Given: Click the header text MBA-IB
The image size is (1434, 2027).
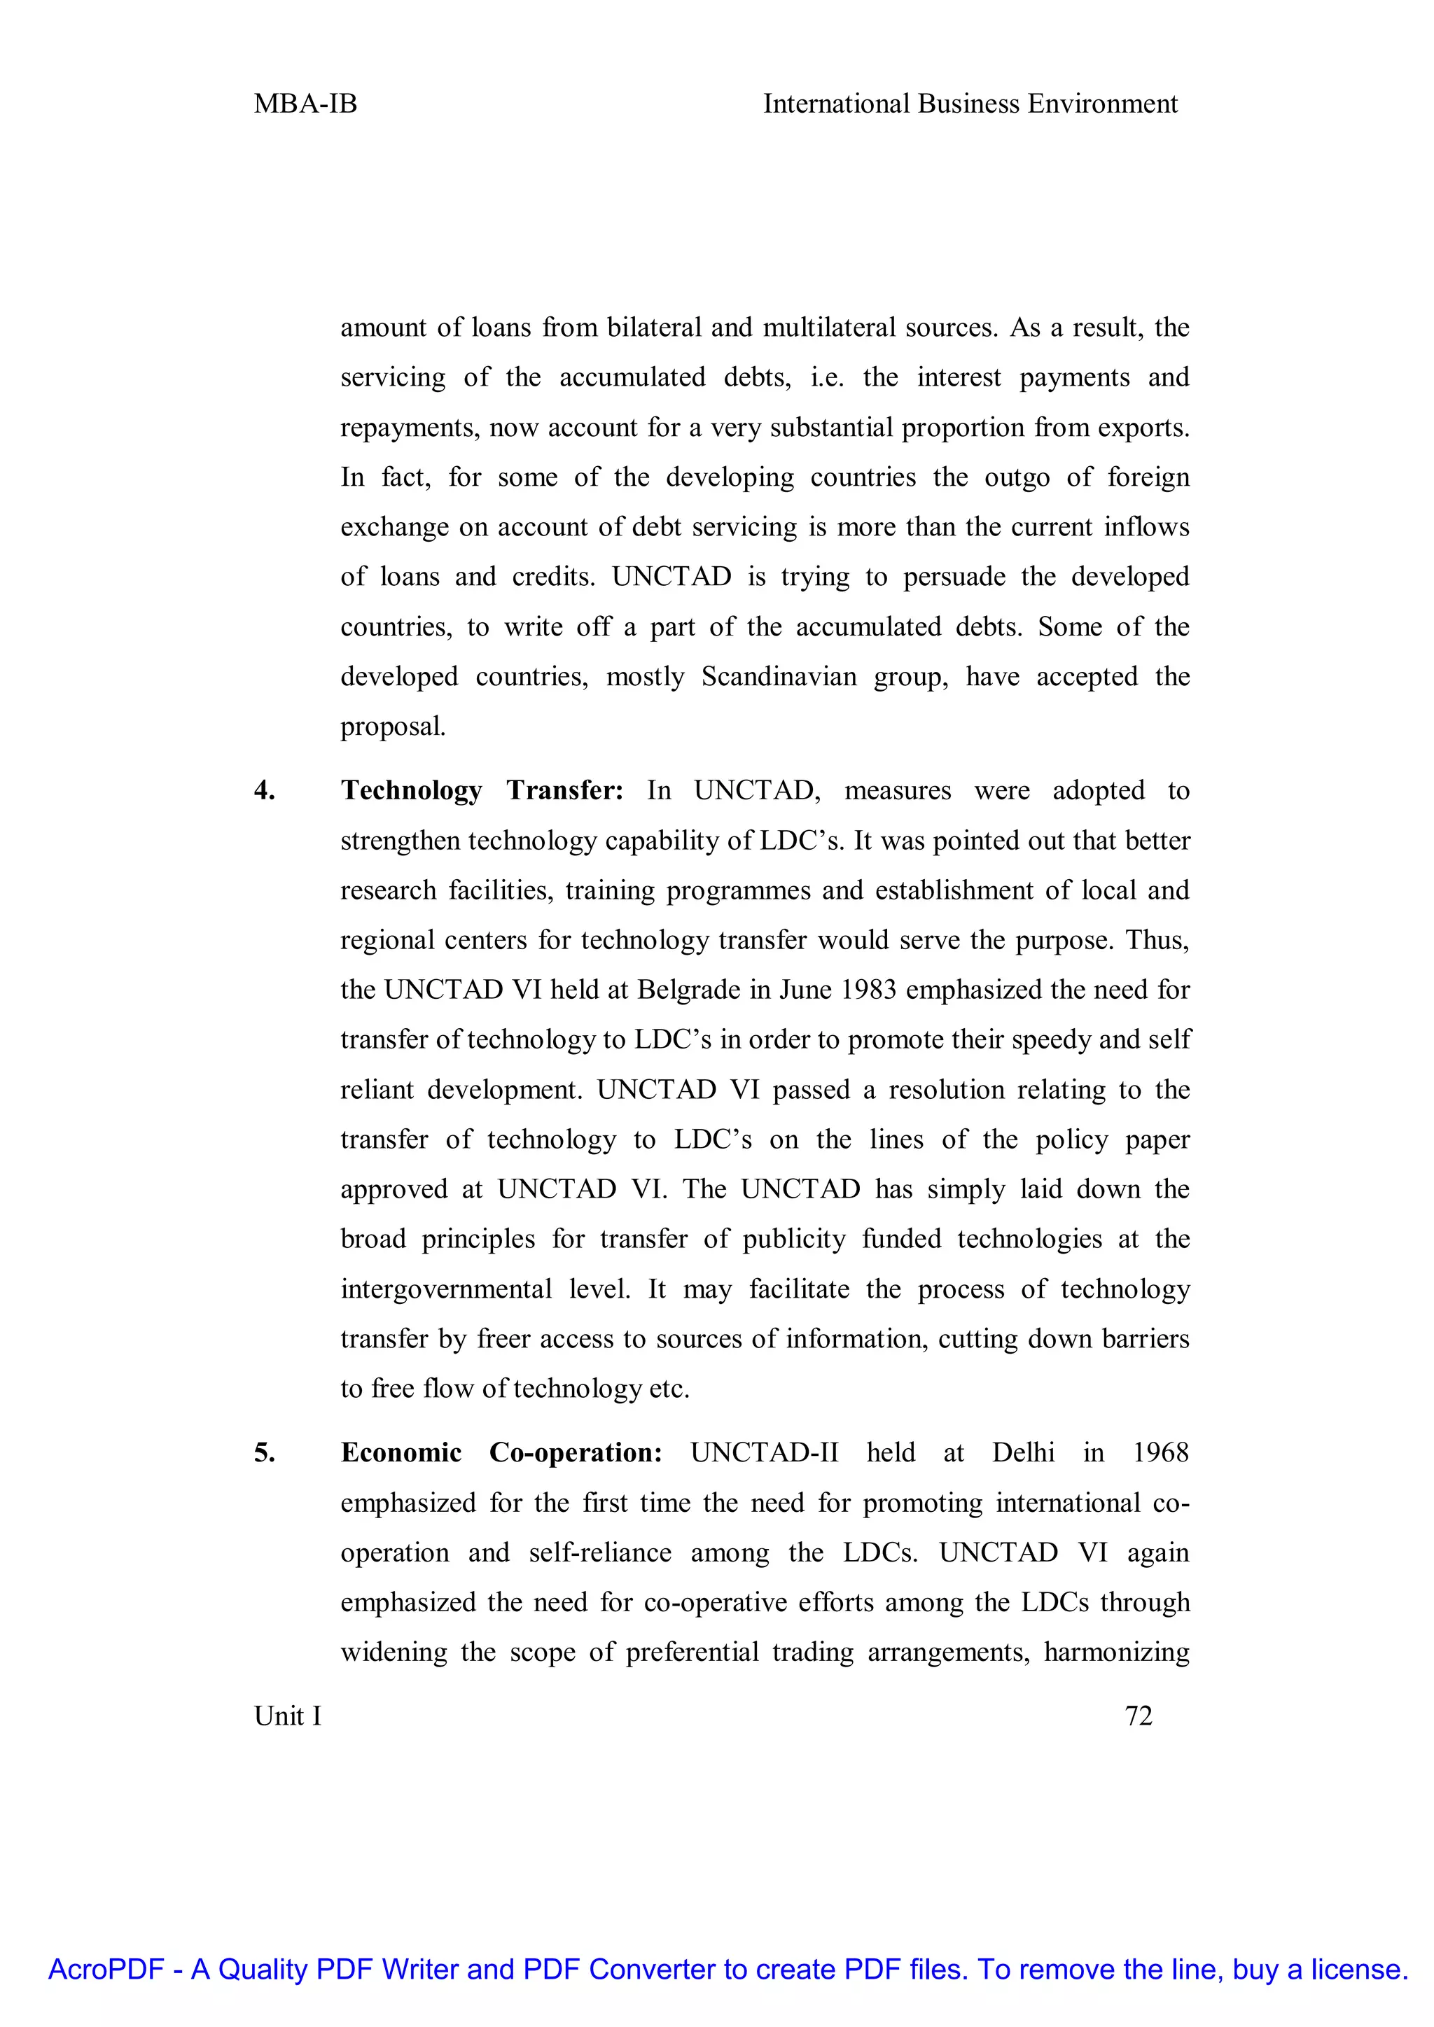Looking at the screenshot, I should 305,104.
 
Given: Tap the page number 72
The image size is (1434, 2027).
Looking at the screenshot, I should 1139,1716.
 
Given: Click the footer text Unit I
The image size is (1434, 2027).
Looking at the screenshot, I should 287,1716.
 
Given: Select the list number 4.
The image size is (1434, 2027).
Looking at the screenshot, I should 264,790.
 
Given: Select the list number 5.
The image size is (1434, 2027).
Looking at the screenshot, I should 264,1452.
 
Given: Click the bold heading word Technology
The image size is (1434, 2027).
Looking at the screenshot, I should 412,790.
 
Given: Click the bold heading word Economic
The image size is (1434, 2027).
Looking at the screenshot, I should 401,1452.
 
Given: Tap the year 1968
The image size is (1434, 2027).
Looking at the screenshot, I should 1160,1452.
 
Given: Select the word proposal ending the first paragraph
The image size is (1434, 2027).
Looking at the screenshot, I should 392,727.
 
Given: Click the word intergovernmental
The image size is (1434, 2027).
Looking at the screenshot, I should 446,1289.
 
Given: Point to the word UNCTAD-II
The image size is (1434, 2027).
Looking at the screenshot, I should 764,1452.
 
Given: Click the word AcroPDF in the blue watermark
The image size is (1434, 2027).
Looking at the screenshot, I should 106,1970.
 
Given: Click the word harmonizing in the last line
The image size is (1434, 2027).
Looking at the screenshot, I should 1116,1652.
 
